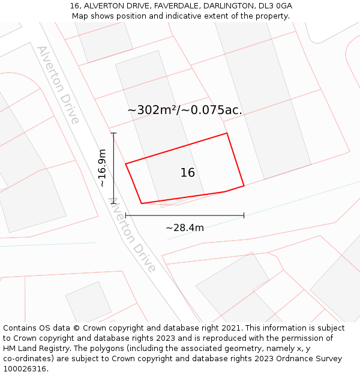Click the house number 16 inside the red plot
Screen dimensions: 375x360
point(187,173)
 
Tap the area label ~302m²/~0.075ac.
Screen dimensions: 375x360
point(185,110)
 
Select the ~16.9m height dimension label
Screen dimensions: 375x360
point(103,168)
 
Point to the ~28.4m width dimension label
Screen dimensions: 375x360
point(185,227)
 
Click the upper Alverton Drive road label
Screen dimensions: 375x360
point(58,85)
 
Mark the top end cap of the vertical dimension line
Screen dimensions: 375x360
point(113,133)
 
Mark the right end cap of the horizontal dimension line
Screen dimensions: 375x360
point(244,215)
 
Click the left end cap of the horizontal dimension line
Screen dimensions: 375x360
point(125,215)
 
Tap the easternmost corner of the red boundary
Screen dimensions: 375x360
point(244,185)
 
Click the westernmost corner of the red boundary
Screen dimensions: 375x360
point(125,163)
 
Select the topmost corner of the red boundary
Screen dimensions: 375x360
point(227,133)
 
